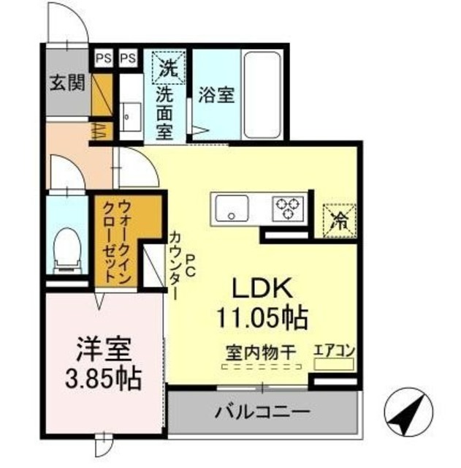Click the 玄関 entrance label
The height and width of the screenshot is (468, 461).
click(x=66, y=83)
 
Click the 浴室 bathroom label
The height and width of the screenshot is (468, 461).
click(x=217, y=95)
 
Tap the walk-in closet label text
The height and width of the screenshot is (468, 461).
click(x=117, y=242)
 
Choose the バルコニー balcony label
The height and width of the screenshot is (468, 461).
click(x=262, y=413)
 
